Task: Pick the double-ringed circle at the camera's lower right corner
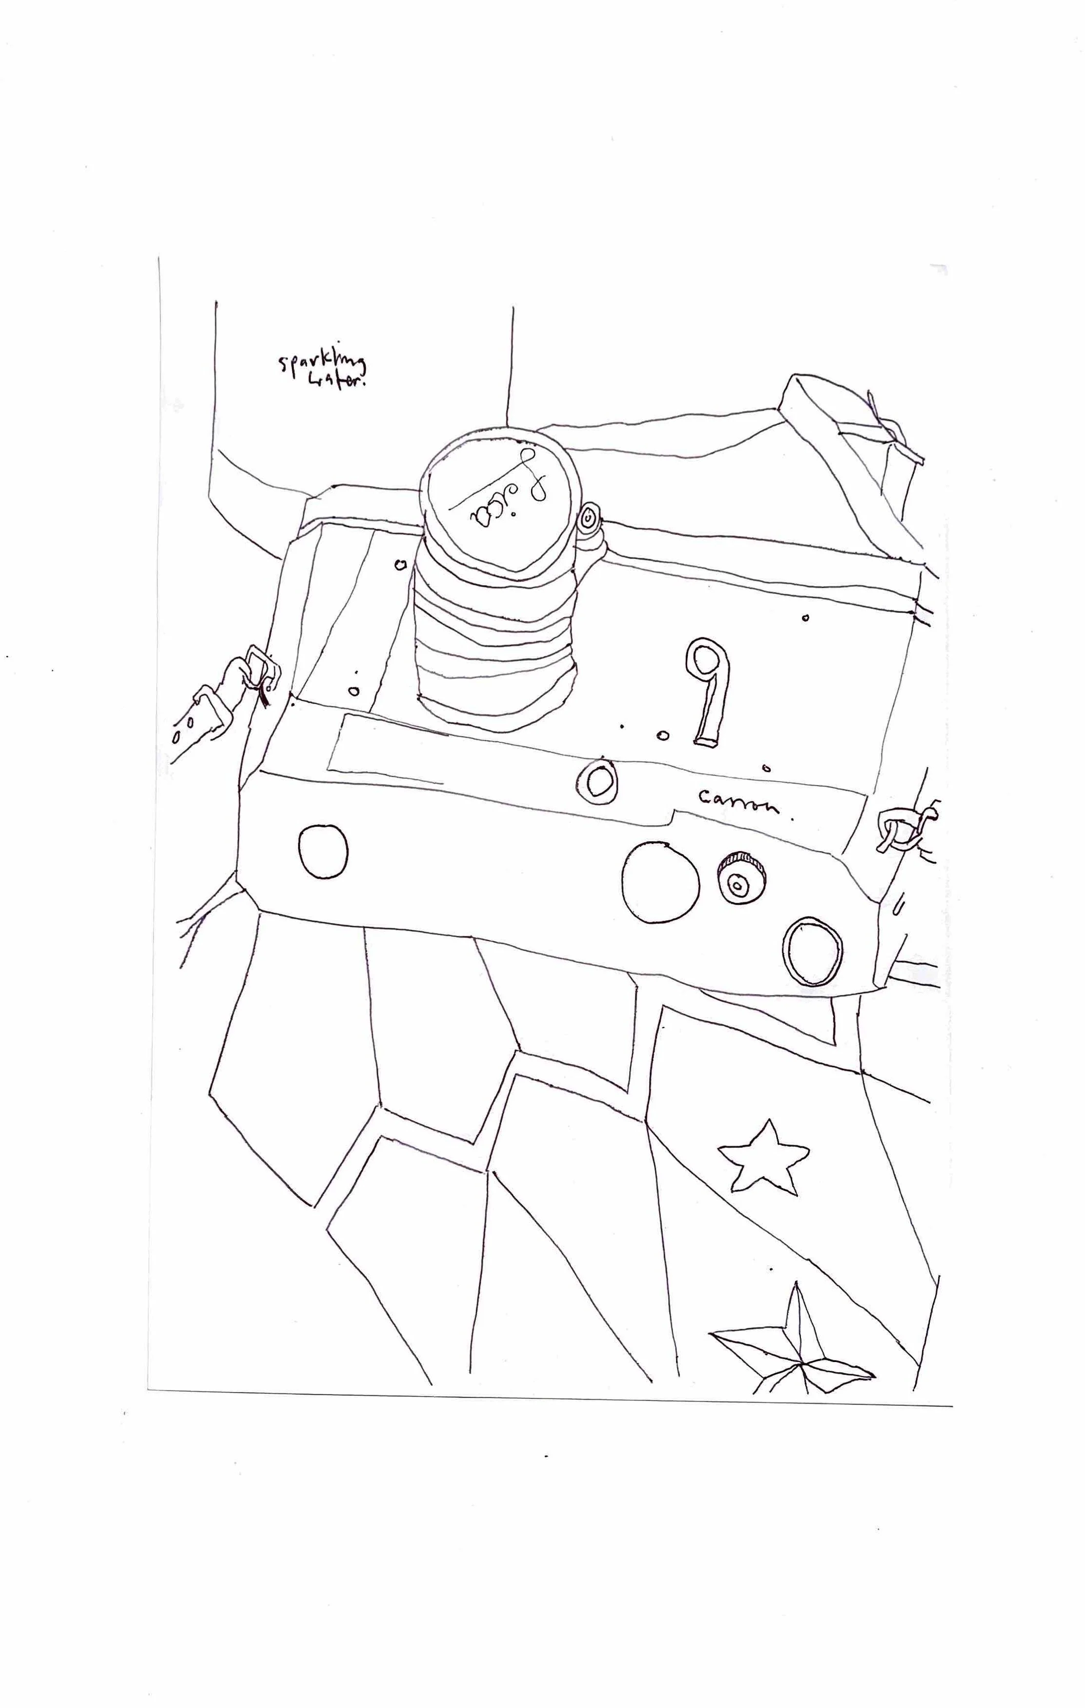(813, 951)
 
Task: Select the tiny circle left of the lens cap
(400, 565)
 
